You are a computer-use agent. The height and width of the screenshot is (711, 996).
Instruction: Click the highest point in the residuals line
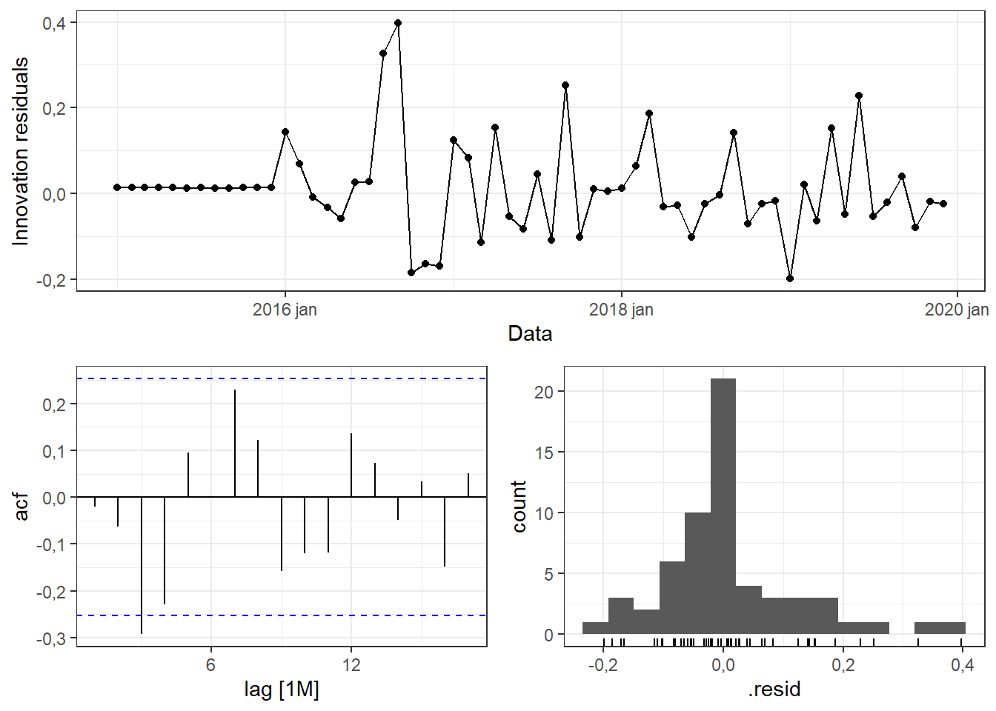(398, 23)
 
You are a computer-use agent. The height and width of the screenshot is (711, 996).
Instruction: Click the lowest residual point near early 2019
(790, 278)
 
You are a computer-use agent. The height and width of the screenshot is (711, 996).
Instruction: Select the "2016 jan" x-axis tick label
(285, 310)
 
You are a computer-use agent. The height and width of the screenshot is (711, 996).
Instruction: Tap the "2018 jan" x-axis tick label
(621, 310)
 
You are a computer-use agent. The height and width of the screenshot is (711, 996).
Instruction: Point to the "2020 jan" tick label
(956, 310)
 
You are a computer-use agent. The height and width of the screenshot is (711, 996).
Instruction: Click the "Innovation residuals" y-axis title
(20, 151)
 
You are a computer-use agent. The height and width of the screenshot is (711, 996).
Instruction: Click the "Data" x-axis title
(530, 334)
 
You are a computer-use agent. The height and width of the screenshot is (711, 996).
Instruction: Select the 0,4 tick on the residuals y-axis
(54, 24)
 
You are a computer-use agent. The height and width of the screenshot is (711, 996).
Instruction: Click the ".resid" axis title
(774, 690)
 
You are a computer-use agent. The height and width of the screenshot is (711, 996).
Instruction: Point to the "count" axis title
(519, 506)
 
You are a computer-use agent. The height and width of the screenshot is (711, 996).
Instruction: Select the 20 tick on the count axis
(544, 392)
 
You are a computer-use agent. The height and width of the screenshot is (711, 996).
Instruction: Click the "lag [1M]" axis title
(282, 690)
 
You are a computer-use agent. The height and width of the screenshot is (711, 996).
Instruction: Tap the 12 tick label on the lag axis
(351, 664)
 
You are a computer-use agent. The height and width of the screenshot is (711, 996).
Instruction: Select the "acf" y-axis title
(22, 506)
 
